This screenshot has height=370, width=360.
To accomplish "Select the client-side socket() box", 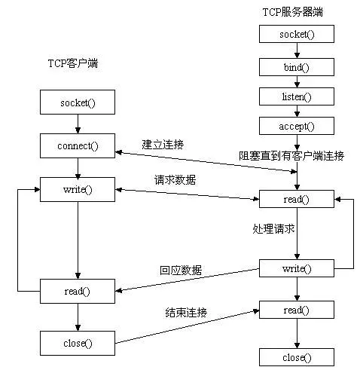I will click(x=77, y=101).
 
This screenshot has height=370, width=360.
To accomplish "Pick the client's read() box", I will click(x=77, y=290).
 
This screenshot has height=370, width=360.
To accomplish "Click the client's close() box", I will click(x=77, y=343).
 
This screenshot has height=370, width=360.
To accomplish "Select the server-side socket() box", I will click(x=296, y=34).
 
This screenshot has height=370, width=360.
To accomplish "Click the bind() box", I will click(x=296, y=66).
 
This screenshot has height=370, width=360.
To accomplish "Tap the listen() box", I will click(x=296, y=96).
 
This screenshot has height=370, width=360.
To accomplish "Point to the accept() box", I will click(x=296, y=126).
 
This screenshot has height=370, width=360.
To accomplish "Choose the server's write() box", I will click(x=296, y=268).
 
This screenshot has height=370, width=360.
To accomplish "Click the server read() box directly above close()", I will click(x=296, y=310).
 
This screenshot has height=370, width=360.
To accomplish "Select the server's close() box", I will click(x=296, y=356).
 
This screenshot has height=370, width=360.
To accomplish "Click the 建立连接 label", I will click(x=163, y=143).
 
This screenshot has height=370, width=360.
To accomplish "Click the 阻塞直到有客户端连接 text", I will click(x=291, y=156).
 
